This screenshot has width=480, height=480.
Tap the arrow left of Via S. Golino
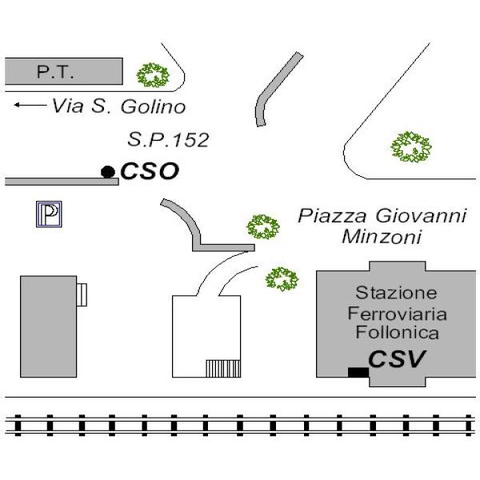(x=30, y=105)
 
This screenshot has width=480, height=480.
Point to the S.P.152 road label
(x=168, y=140)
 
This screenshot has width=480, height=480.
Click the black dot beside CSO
(x=107, y=171)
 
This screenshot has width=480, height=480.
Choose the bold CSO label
(x=149, y=171)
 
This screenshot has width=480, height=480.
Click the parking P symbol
(x=50, y=214)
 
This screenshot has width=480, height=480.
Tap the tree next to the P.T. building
(x=152, y=76)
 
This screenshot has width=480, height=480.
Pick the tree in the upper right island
(x=410, y=146)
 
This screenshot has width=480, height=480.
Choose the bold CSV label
(x=397, y=360)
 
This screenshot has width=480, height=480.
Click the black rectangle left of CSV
(x=358, y=371)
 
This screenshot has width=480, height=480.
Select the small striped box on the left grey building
(x=82, y=295)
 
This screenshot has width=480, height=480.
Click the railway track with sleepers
(x=240, y=424)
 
